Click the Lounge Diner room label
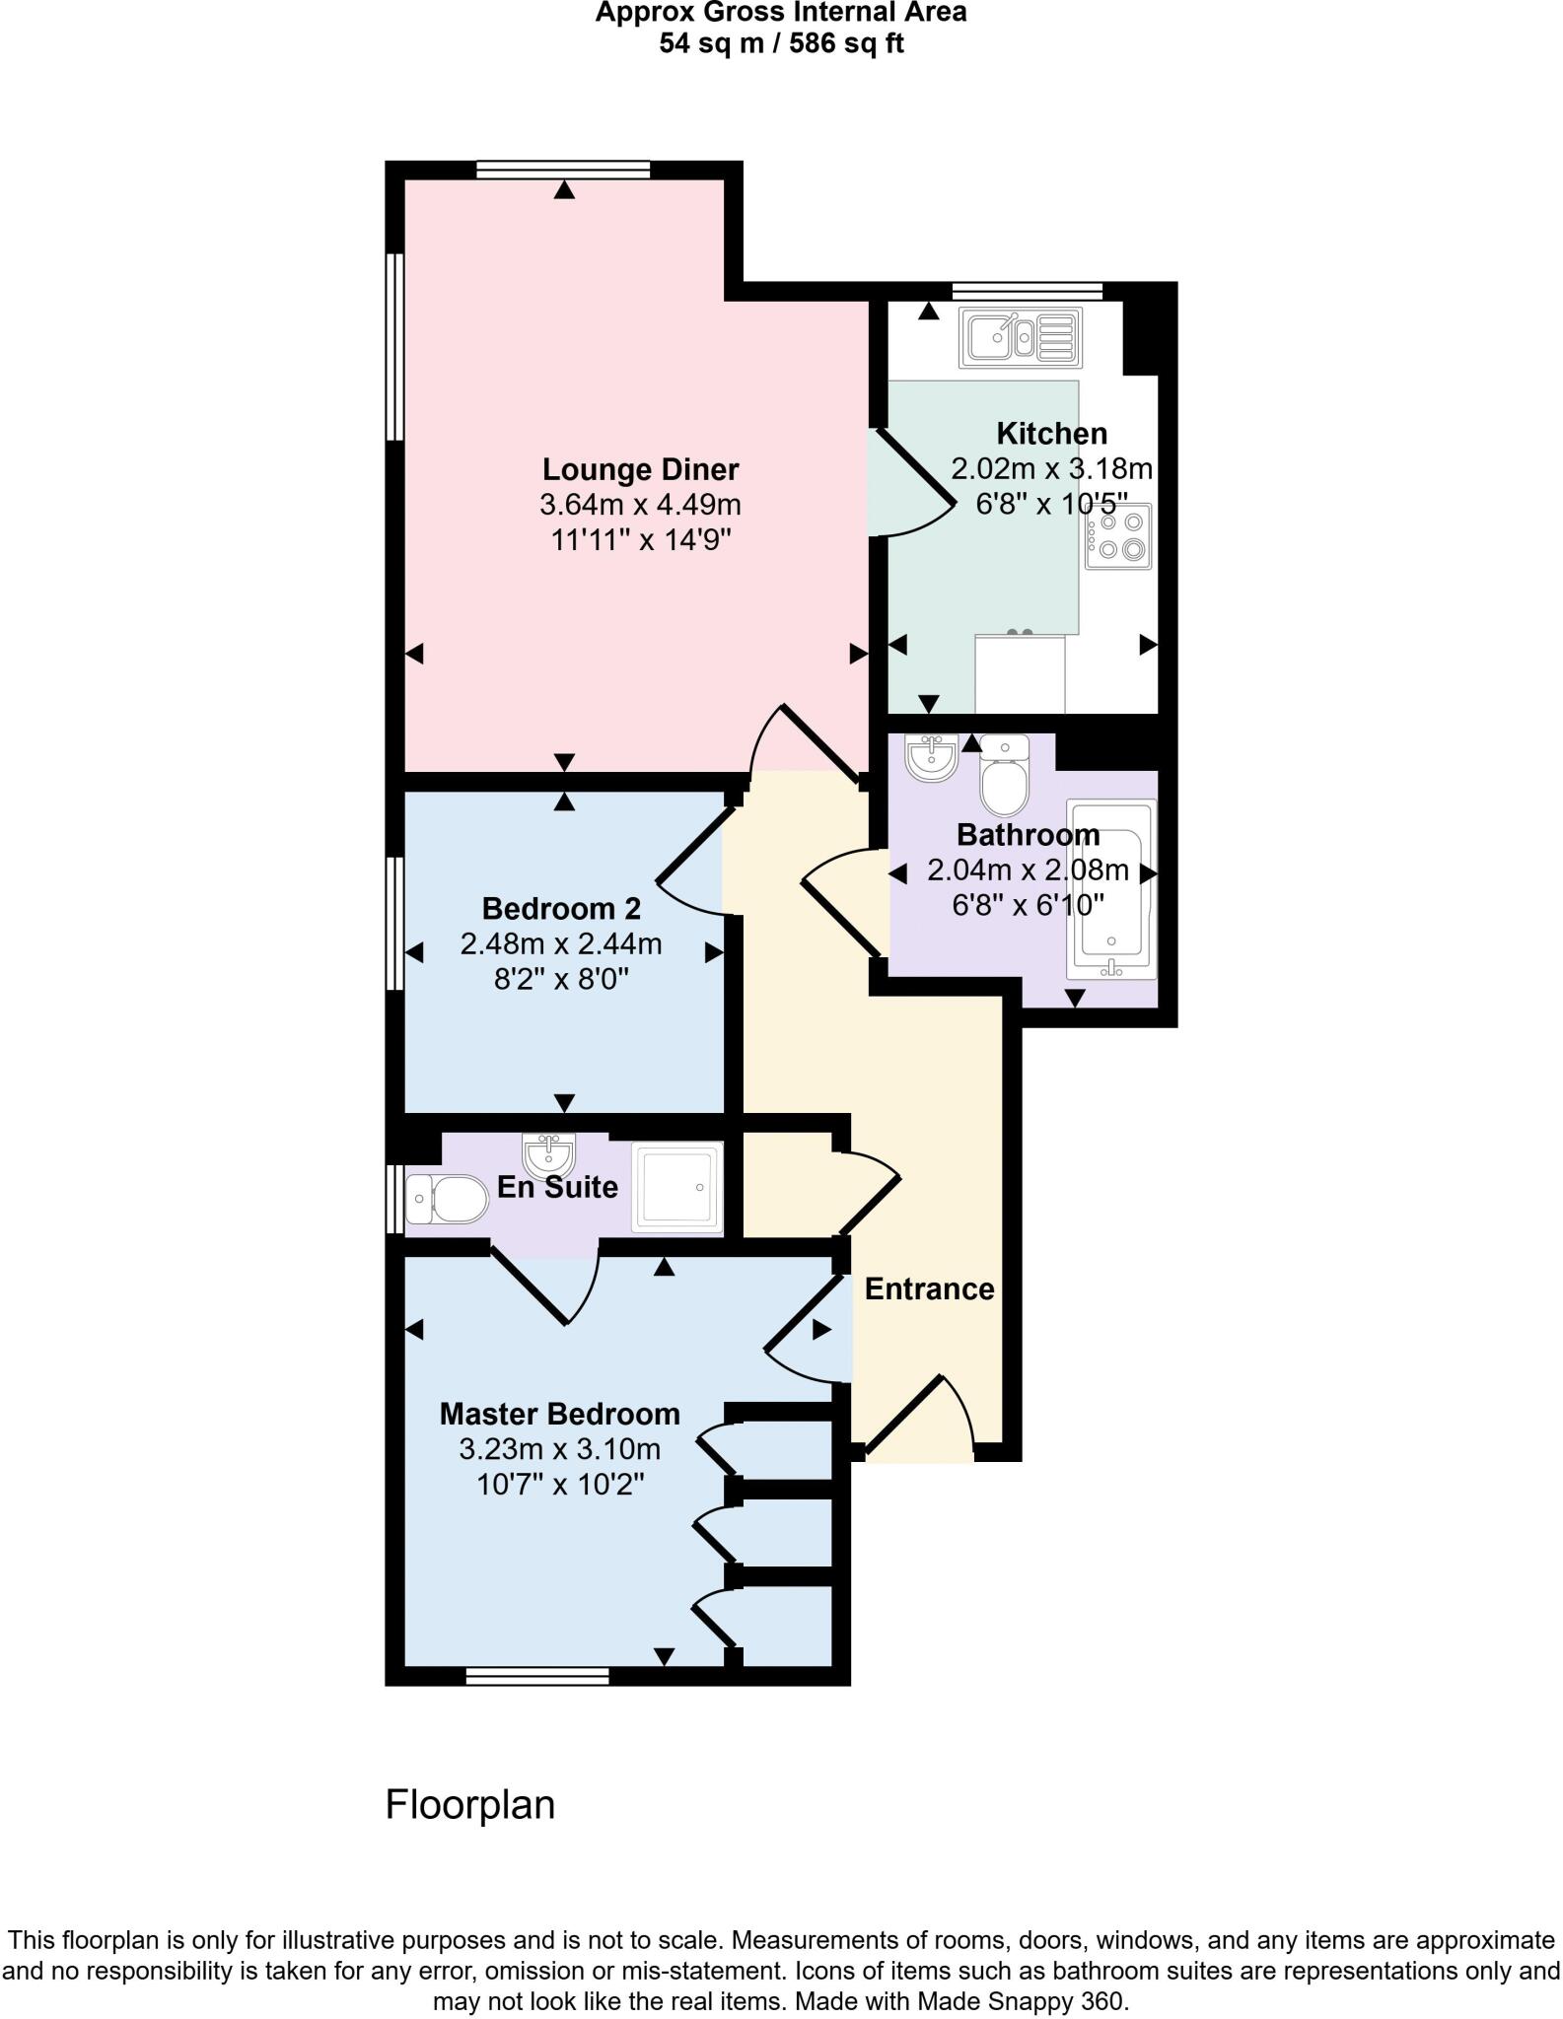point(640,469)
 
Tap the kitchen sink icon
point(1020,337)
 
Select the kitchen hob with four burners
point(1118,535)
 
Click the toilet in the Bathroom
point(1004,778)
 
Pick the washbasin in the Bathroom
point(930,756)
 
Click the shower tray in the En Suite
point(675,1187)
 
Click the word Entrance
point(929,1288)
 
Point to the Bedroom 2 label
point(561,908)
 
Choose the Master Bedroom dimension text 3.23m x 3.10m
point(560,1449)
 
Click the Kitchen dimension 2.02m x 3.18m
point(1051,468)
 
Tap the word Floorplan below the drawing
point(470,1805)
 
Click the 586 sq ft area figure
point(844,43)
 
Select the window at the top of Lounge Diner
point(562,170)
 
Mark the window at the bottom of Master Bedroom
point(537,1676)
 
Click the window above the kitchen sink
point(1027,290)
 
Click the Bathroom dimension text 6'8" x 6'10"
point(1028,904)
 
